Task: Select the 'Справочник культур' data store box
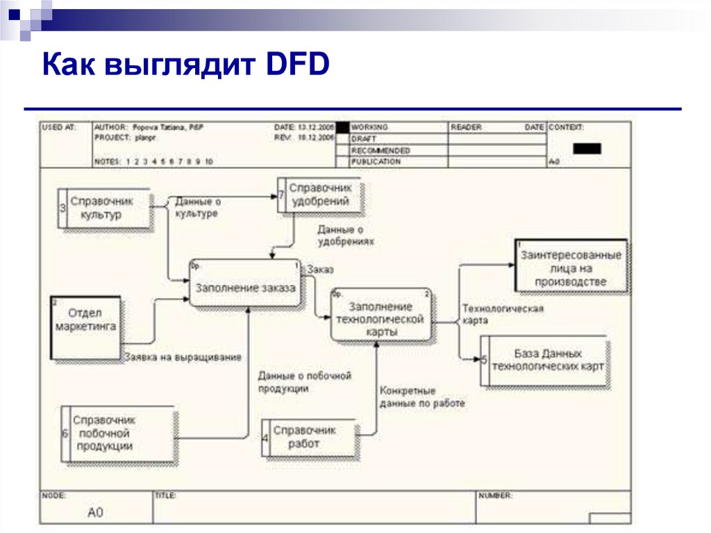pos(104,208)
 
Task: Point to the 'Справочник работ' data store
pos(308,436)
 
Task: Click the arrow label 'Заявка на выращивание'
pos(183,357)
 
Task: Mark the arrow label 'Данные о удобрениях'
pos(345,236)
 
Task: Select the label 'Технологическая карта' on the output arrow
pos(503,314)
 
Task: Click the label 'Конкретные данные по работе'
pos(421,396)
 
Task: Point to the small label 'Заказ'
pos(321,269)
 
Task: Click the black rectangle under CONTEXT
pos(587,148)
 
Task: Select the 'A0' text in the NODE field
pos(95,513)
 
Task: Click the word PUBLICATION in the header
pos(376,162)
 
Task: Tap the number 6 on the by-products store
pos(65,434)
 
